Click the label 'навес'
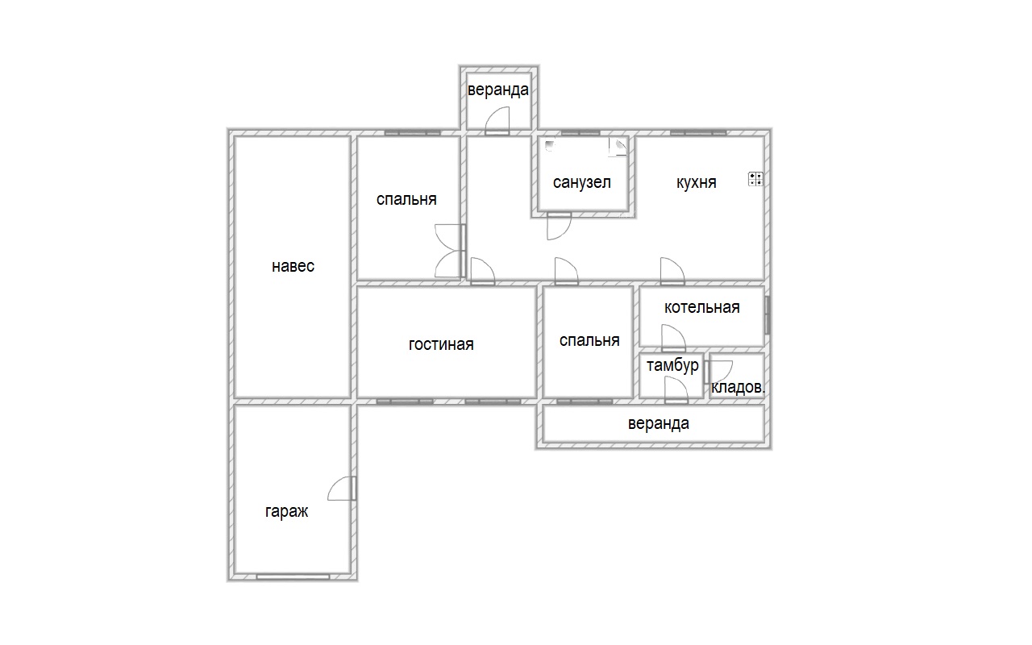pyautogui.click(x=293, y=266)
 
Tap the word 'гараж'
pyautogui.click(x=286, y=511)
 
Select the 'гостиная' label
pyautogui.click(x=441, y=344)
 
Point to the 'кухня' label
pyautogui.click(x=696, y=182)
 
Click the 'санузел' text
pyautogui.click(x=582, y=182)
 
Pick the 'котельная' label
pyautogui.click(x=702, y=307)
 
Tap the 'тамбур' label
pyautogui.click(x=672, y=365)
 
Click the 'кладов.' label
pyautogui.click(x=738, y=387)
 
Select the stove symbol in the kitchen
pyautogui.click(x=755, y=179)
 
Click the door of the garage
pyautogui.click(x=342, y=489)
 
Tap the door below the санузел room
pyautogui.click(x=559, y=226)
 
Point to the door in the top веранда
pyautogui.click(x=497, y=121)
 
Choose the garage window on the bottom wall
pyautogui.click(x=293, y=576)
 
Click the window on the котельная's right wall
pyautogui.click(x=767, y=315)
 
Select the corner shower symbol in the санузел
pyautogui.click(x=618, y=147)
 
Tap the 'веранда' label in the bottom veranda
pyautogui.click(x=659, y=423)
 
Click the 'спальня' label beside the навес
pyautogui.click(x=406, y=199)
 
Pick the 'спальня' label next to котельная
pyautogui.click(x=589, y=340)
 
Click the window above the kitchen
pyautogui.click(x=698, y=133)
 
